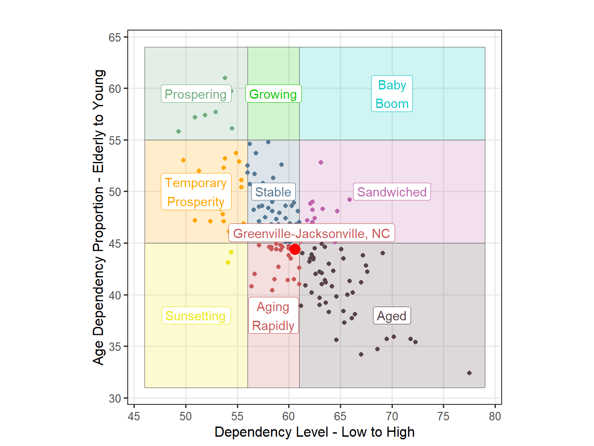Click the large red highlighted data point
coord(295,249)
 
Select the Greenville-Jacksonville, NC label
coord(311,234)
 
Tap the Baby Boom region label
coord(392,94)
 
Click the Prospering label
coord(195,94)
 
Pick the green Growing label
coord(273,94)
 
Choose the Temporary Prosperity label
coord(195,192)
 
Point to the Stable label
coord(273,192)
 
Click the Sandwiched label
coord(392,192)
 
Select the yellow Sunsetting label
coord(195,316)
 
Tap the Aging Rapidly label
coord(273,316)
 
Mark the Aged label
coord(392,316)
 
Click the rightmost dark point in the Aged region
coord(469,373)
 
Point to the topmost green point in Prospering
coord(225,78)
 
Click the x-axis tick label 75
coord(443,416)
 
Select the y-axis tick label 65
coord(115,38)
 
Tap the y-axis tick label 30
coord(115,399)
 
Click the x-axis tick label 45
coord(134,416)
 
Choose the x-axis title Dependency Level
coord(314,432)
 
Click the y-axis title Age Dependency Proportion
coord(99,217)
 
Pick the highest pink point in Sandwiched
coord(321,162)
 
